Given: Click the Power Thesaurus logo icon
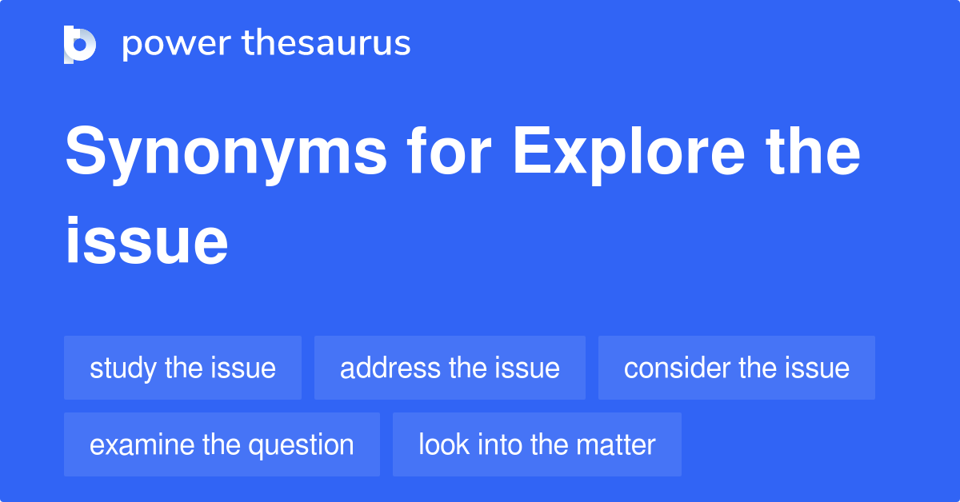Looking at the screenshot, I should click(x=80, y=44).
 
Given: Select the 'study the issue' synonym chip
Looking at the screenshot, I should click(x=182, y=368).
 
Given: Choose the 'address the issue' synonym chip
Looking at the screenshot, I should click(x=450, y=368).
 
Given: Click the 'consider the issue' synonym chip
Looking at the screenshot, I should click(x=736, y=368).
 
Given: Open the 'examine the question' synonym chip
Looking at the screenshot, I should click(x=222, y=444).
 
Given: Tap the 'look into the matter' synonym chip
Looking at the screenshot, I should click(x=537, y=444).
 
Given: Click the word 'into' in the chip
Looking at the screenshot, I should click(x=499, y=444).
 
